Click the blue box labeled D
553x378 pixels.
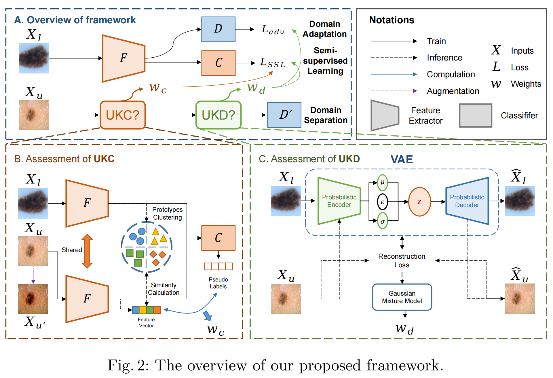218,29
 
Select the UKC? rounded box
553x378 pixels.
123,115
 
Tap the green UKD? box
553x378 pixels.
218,115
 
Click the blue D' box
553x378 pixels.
284,115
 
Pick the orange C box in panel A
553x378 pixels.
218,63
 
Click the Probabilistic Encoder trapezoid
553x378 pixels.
339,201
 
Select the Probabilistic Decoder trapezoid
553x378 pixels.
467,201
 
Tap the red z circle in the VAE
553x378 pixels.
419,202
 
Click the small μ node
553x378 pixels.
383,182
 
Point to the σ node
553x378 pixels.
383,221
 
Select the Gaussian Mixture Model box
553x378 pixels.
402,297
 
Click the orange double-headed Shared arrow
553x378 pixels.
87,251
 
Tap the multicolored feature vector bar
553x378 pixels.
146,310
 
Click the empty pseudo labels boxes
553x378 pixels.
218,266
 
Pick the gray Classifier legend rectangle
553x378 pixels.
475,116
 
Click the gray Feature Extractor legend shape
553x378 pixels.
385,116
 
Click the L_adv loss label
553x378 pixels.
273,30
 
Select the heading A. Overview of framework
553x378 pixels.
75,20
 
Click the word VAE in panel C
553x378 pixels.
402,159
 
